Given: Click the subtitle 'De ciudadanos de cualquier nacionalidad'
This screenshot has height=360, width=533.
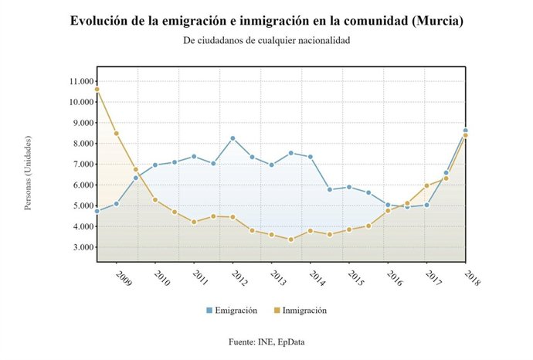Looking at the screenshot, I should click(267, 41).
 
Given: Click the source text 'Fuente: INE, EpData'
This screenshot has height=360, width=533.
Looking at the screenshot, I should click(267, 341).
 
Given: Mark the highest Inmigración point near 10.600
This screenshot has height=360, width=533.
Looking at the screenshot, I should click(97, 90).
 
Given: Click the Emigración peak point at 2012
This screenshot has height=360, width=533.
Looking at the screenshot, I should click(233, 138).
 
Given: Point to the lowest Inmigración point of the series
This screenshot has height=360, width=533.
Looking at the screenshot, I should click(291, 239).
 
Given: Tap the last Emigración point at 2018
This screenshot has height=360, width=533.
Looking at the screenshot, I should click(465, 131).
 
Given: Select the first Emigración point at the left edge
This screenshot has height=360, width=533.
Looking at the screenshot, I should click(97, 211).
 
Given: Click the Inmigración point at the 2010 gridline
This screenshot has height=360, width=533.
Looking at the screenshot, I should click(155, 200).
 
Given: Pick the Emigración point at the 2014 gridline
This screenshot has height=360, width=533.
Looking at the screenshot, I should click(311, 157).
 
